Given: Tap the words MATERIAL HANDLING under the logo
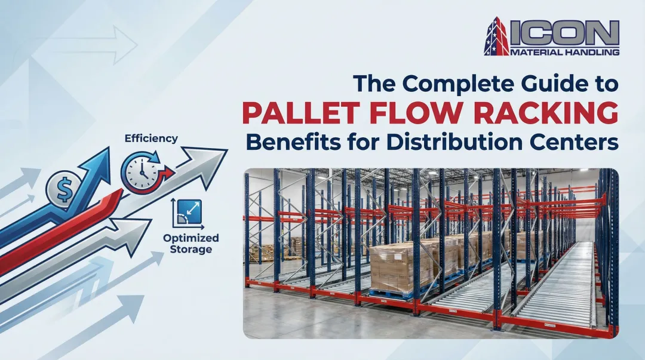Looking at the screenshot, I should pos(565,52).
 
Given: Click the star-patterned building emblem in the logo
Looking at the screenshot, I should pos(496,36).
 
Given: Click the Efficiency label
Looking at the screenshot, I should pos(151,139).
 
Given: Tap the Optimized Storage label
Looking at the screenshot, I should pos(191,244).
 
